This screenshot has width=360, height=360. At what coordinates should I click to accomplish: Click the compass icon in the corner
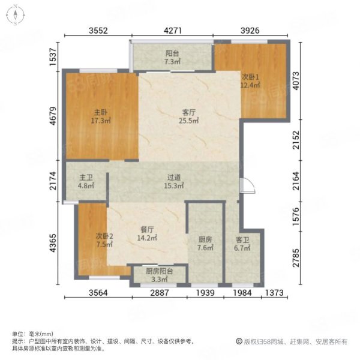click(16, 15)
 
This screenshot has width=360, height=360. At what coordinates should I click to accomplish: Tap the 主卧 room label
click(101, 113)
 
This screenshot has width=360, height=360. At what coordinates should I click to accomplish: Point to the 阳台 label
click(172, 53)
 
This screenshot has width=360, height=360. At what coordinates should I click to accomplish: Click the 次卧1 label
click(250, 77)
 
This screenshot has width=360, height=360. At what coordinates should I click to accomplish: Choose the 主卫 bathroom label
click(86, 178)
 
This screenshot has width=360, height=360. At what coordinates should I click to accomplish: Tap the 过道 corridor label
click(174, 178)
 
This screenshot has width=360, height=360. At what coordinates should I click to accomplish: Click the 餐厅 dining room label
click(147, 230)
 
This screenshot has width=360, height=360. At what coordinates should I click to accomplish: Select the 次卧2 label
click(104, 236)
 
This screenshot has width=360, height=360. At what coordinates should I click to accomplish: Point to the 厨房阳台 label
click(160, 271)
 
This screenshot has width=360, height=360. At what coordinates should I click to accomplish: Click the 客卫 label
click(242, 240)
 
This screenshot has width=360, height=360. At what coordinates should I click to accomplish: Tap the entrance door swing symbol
click(247, 185)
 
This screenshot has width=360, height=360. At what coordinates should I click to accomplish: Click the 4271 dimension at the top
click(173, 31)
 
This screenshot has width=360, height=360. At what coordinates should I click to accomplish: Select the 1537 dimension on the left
click(53, 57)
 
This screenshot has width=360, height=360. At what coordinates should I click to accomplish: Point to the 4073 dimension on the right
click(296, 81)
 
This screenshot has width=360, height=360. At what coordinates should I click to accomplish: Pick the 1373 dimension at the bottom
click(274, 293)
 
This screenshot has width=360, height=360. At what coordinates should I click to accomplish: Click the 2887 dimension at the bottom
click(160, 293)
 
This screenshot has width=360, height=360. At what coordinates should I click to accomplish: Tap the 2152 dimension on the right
click(296, 140)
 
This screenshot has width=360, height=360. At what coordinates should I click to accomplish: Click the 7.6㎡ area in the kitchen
click(205, 248)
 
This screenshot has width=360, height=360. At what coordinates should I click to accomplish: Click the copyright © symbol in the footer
click(239, 341)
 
